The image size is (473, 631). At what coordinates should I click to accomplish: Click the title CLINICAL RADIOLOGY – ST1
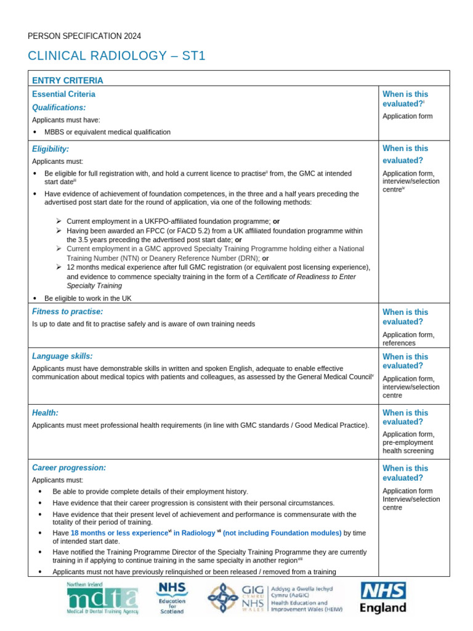pyautogui.click(x=116, y=56)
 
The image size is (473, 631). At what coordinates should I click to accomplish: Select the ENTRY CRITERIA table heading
pyautogui.click(x=68, y=80)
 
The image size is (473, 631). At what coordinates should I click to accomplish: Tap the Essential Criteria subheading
pyautogui.click(x=63, y=94)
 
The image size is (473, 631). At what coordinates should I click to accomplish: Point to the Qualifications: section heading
pyautogui.click(x=59, y=107)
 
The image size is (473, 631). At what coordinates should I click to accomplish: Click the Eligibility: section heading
pyautogui.click(x=51, y=149)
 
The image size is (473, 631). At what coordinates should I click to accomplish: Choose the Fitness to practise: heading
pyautogui.click(x=67, y=312)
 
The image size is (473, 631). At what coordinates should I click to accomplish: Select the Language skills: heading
pyautogui.click(x=62, y=356)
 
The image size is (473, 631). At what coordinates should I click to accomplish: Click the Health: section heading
pyautogui.click(x=45, y=412)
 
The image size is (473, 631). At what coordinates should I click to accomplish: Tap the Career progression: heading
pyautogui.click(x=69, y=468)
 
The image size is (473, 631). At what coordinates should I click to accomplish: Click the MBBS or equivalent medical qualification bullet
pyautogui.click(x=107, y=132)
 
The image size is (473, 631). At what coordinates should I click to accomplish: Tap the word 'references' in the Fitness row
pyautogui.click(x=399, y=343)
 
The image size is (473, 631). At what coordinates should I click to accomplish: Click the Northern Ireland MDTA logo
pyautogui.click(x=102, y=598)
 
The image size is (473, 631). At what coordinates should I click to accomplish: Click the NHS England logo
pyautogui.click(x=383, y=598)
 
